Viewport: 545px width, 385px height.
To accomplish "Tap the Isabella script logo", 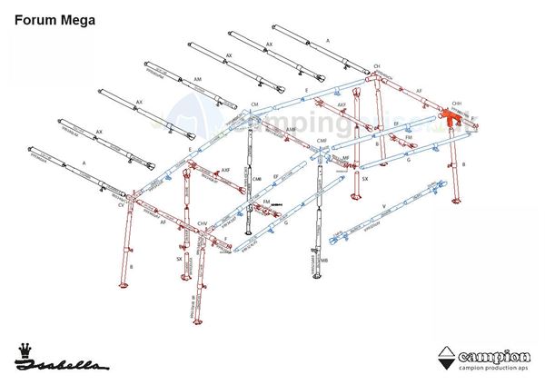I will [x=63, y=365].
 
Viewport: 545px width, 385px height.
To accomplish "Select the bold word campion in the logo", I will [x=495, y=354].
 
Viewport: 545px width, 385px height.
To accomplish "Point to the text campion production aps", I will [x=495, y=368].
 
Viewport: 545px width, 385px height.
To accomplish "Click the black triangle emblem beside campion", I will [x=446, y=358].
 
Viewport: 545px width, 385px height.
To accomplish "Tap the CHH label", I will [x=455, y=104].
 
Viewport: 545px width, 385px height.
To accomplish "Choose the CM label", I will [x=255, y=105].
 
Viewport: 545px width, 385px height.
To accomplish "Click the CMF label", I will [x=322, y=141].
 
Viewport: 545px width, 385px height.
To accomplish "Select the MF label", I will [x=346, y=159].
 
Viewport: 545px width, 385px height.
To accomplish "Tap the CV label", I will [x=122, y=205].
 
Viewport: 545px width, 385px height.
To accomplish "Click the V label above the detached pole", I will [x=385, y=206].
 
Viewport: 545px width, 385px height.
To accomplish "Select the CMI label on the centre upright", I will [x=256, y=178].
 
